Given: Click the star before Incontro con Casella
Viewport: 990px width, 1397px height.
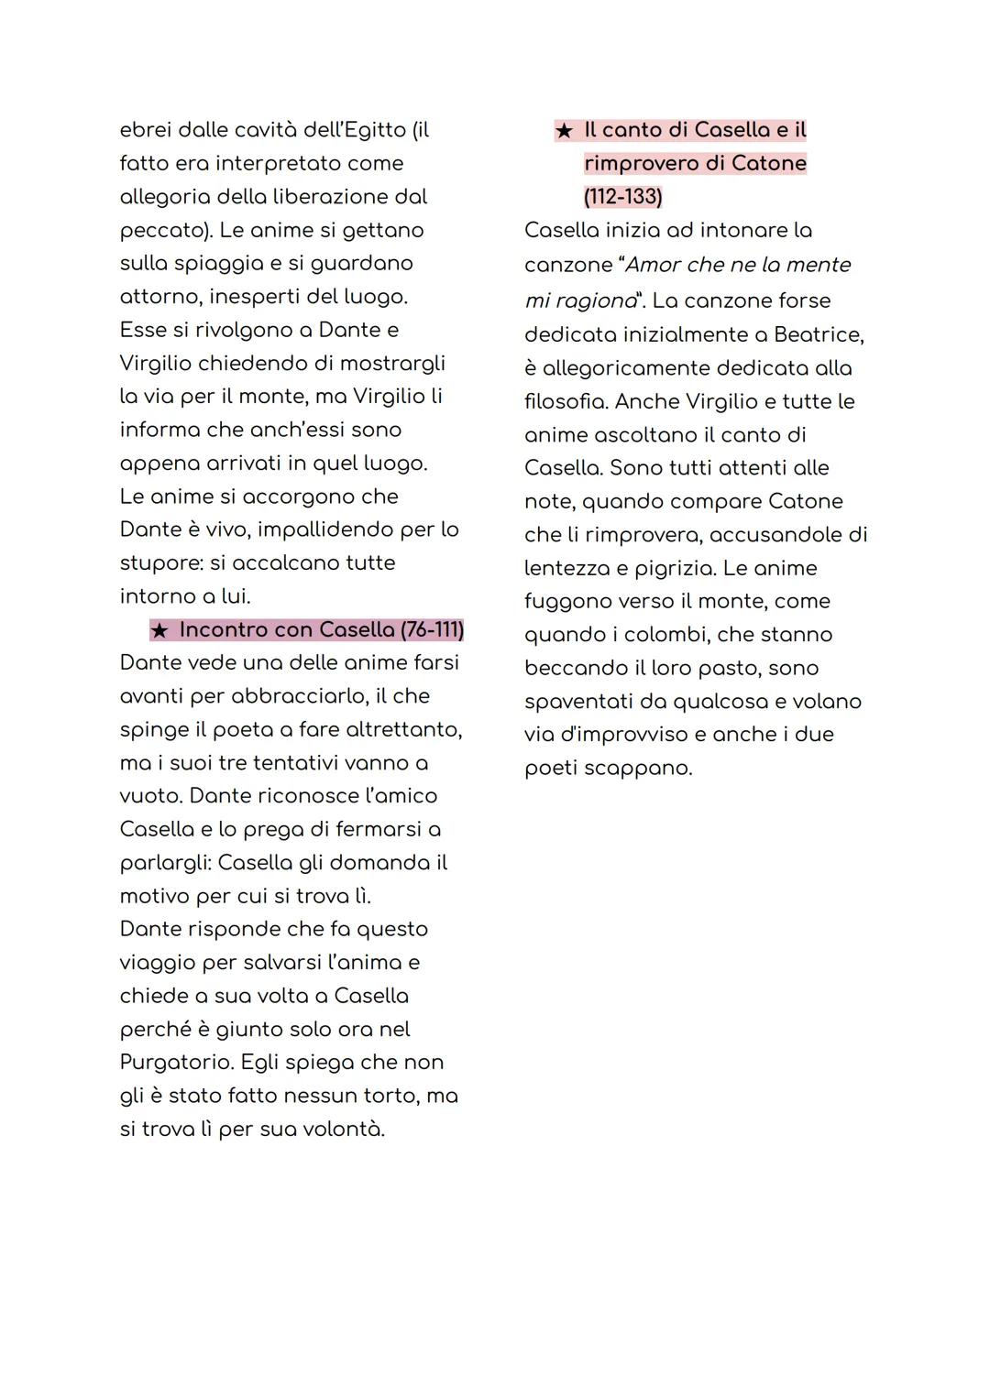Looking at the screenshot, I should point(159,630).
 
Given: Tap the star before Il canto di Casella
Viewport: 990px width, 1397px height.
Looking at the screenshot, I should point(564,131).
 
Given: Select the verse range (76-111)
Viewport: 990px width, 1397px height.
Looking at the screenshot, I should point(432,630).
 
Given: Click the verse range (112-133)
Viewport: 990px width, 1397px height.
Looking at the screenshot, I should point(622,197).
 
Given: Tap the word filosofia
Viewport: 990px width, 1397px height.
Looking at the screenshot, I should point(566,401).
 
